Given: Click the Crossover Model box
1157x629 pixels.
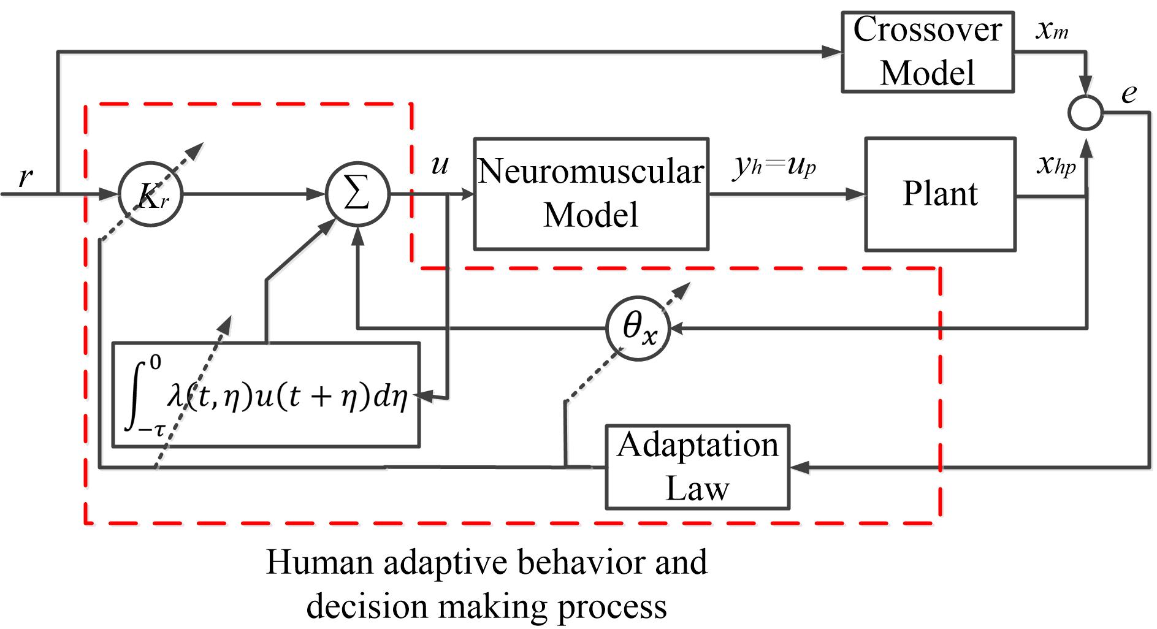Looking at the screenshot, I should [x=926, y=51].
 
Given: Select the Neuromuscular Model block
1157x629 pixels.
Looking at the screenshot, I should [x=591, y=194].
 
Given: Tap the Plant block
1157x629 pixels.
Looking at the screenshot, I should [x=939, y=194].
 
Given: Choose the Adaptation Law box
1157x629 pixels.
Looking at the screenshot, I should [x=697, y=467].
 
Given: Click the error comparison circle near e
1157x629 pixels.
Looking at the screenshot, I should [x=1085, y=113].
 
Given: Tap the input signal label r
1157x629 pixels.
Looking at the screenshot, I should [x=26, y=178].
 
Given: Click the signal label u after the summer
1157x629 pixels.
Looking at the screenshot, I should [x=440, y=164].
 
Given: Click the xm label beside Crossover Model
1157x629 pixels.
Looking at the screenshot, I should [x=1052, y=31].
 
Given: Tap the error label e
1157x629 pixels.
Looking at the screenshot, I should [x=1129, y=93].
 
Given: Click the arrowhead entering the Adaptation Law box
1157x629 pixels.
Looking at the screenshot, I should [x=799, y=468].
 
